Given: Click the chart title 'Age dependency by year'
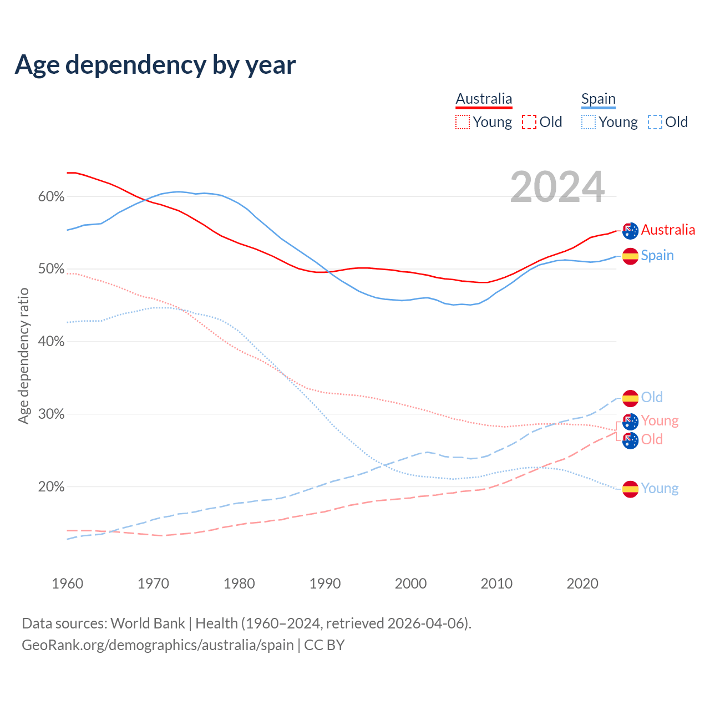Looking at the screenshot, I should (x=155, y=65).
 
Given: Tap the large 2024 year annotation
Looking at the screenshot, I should (x=557, y=187).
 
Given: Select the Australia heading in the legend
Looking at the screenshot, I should (x=484, y=99).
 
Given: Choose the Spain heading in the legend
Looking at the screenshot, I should (x=599, y=99).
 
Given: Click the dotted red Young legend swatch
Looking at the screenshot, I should (x=463, y=122).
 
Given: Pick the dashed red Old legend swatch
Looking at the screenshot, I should (x=529, y=122).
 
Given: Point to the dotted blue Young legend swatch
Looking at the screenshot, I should (x=589, y=122).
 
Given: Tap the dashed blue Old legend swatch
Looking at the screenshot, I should (x=655, y=122).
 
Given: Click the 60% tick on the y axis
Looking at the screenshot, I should (x=52, y=197).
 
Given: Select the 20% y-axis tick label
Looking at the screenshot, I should (x=52, y=487).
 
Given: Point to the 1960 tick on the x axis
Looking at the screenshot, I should (x=67, y=584).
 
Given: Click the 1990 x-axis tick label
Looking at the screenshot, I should (x=325, y=584).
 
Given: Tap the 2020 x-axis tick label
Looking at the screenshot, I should (x=582, y=584).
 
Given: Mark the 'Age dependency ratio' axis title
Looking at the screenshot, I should (x=23, y=356).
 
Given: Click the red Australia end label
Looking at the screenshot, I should (x=668, y=230).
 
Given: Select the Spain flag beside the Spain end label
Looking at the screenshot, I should (x=630, y=256).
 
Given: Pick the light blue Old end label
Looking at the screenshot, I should (x=652, y=398).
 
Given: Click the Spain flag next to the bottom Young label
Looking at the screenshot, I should (x=630, y=489).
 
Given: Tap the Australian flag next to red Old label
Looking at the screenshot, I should (x=630, y=440).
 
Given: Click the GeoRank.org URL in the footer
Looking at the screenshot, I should (x=158, y=645).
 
